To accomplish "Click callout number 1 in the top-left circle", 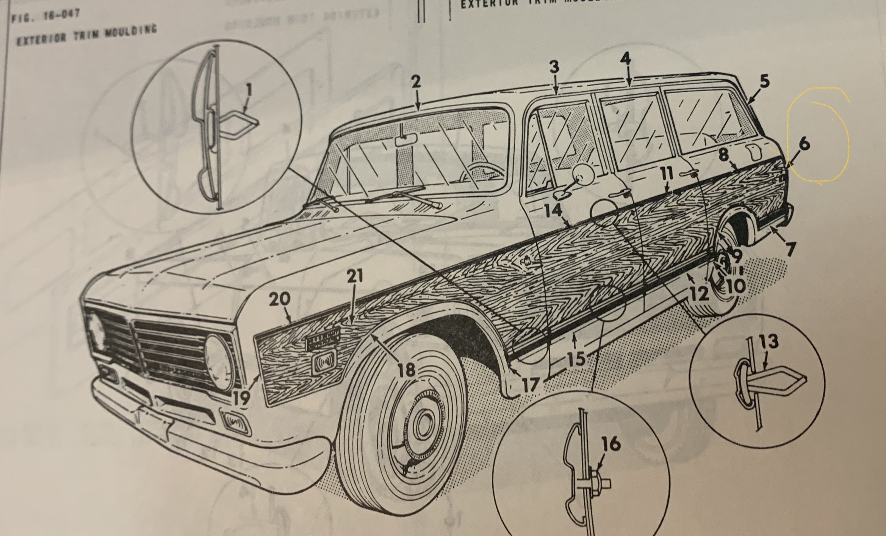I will pyautogui.click(x=249, y=91).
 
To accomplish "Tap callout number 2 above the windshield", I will pyautogui.click(x=416, y=82).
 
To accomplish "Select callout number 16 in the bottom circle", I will pyautogui.click(x=611, y=444).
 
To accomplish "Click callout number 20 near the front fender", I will pyautogui.click(x=280, y=299).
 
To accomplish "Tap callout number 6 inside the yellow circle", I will pyautogui.click(x=804, y=144).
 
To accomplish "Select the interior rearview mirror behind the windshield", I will pyautogui.click(x=405, y=139).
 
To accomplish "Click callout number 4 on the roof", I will pyautogui.click(x=625, y=59).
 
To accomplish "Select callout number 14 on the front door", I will pyautogui.click(x=553, y=210).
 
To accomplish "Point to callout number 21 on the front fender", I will pyautogui.click(x=355, y=276).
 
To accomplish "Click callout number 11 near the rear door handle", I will pyautogui.click(x=667, y=174).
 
